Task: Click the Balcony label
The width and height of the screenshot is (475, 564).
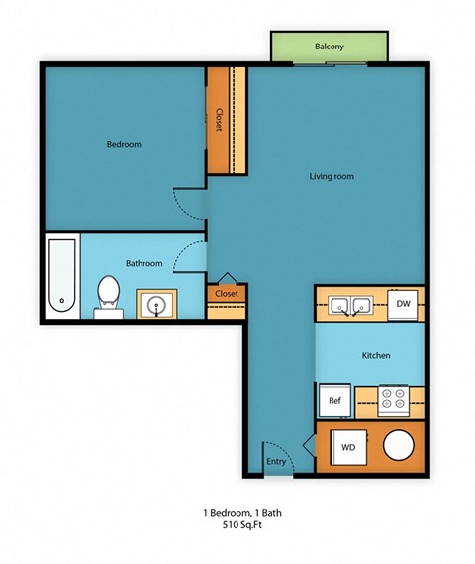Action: (x=329, y=47)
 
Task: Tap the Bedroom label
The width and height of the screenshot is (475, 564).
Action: (x=124, y=145)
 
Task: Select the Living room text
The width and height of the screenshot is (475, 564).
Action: (x=332, y=177)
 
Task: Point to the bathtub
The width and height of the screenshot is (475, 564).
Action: (x=61, y=277)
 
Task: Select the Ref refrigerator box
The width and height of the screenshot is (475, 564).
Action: (x=334, y=401)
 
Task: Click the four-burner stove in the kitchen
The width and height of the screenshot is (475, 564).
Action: (x=394, y=401)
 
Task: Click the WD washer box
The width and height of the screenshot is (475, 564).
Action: (x=348, y=446)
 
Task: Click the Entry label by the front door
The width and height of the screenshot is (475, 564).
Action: (x=276, y=461)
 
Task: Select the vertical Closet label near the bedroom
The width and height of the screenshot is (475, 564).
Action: (x=219, y=119)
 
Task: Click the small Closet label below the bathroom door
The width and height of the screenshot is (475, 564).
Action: (x=227, y=294)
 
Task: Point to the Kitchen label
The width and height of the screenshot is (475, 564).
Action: (x=375, y=355)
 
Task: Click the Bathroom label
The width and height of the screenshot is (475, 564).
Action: (x=144, y=263)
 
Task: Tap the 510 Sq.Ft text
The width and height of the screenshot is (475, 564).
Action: (x=237, y=527)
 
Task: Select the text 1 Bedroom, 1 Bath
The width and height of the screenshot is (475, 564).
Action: (x=237, y=513)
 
